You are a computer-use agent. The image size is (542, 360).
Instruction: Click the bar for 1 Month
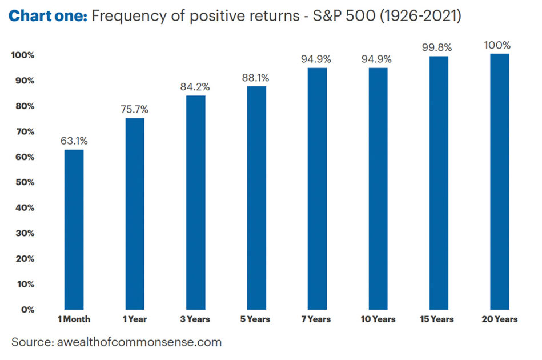(x=74, y=229)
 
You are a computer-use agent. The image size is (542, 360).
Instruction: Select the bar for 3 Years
(x=195, y=202)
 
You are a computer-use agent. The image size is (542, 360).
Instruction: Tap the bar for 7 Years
(x=317, y=189)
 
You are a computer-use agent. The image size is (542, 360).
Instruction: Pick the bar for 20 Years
(x=499, y=182)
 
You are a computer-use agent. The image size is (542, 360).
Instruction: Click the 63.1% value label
(x=74, y=141)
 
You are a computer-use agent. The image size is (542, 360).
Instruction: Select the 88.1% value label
(x=256, y=78)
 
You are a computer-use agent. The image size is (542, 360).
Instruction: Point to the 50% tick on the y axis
(x=25, y=182)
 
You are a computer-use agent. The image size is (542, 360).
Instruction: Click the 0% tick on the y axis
(x=27, y=310)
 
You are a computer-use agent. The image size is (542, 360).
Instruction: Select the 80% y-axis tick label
(x=25, y=106)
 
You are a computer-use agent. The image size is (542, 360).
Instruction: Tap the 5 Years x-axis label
(x=256, y=319)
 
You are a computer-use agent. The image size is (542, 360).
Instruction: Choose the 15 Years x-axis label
(x=439, y=319)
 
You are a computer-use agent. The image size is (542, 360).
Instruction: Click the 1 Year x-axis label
(x=135, y=319)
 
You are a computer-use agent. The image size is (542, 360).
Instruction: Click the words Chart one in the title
(x=47, y=16)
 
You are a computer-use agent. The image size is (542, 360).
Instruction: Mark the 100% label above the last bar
(x=499, y=45)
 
